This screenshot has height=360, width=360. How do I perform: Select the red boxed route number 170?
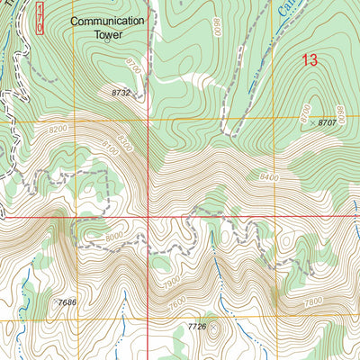[x=39, y=17]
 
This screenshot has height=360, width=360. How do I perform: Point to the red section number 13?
[x=310, y=60]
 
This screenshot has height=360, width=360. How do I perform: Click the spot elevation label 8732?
[x=123, y=93]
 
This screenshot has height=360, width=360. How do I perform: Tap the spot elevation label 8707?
[x=335, y=121]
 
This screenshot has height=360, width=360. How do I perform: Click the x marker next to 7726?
[x=214, y=328]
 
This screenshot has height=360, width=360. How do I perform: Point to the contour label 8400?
[x=269, y=178]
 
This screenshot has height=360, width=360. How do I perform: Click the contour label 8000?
[x=115, y=238]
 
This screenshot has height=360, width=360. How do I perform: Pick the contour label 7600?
[x=177, y=305]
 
